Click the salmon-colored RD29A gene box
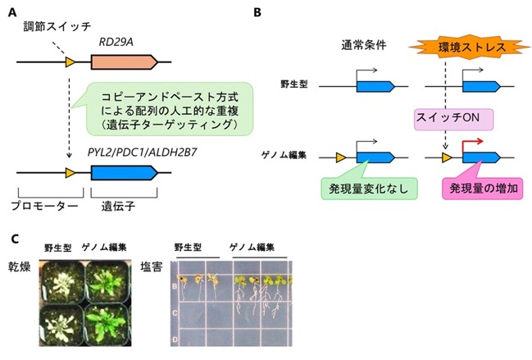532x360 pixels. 125,62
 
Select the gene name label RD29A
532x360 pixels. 116,43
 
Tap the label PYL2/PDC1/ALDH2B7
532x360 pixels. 142,153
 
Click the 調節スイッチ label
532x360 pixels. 57,26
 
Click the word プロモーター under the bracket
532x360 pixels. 45,206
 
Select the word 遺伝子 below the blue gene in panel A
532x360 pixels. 118,206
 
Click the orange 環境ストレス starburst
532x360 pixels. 471,47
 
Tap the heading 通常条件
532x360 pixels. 364,45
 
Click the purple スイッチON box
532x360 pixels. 453,119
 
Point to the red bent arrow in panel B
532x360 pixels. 471,142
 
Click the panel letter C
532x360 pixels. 15,239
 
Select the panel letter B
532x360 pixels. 257,12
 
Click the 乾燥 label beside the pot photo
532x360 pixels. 20,267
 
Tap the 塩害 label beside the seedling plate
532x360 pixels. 152,267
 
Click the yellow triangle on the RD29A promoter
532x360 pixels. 70,62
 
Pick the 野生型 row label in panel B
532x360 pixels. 293,84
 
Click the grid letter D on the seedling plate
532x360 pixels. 175,339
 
